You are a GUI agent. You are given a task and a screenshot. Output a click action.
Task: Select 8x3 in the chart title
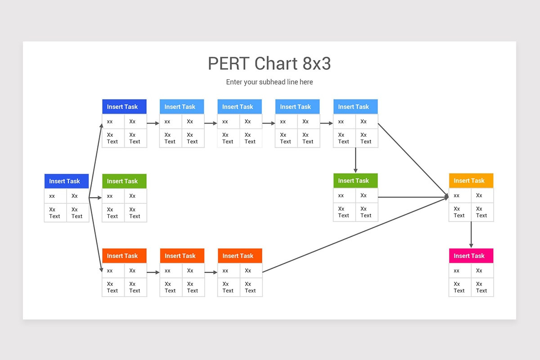[316, 63]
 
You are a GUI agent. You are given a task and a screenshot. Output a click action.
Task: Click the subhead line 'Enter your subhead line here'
[270, 82]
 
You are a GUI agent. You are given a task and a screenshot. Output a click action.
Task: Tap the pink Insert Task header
[471, 256]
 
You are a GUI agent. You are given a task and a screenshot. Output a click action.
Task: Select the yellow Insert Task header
[471, 180]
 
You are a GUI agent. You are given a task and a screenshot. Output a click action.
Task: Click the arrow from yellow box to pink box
[471, 234]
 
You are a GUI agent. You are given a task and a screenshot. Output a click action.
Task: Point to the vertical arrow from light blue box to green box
[355, 160]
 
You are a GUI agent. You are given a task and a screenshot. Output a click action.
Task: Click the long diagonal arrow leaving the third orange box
[355, 234]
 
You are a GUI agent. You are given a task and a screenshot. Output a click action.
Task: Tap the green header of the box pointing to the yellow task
[355, 180]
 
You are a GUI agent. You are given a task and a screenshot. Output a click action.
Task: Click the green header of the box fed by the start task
[124, 181]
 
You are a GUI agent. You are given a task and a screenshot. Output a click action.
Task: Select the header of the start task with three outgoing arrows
[66, 181]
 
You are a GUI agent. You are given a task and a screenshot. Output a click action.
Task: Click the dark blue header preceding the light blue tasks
[124, 107]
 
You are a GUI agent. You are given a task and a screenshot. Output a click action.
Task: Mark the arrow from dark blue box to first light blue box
[153, 123]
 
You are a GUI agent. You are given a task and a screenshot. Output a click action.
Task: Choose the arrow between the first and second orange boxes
[153, 272]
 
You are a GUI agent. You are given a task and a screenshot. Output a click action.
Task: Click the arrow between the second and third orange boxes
[211, 272]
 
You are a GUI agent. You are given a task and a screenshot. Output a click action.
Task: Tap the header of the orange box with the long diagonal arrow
[240, 256]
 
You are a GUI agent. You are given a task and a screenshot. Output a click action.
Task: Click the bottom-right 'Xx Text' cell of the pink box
[482, 287]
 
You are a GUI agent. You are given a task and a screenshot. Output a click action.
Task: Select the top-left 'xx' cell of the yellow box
[460, 195]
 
